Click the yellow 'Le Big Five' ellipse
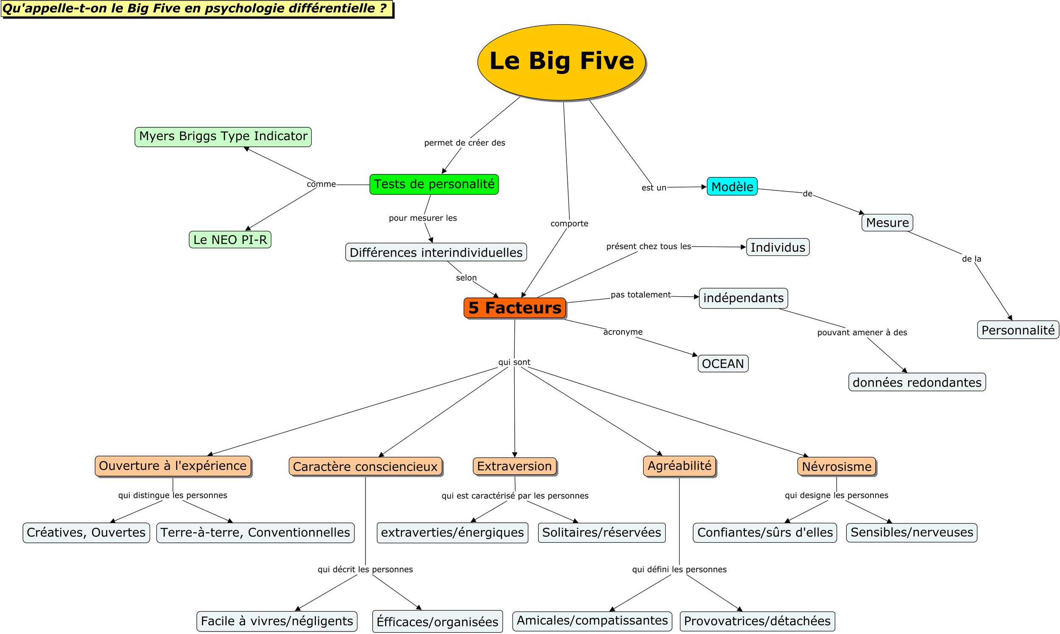pos(561,62)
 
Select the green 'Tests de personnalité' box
pos(434,185)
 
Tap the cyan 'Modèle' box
pos(732,187)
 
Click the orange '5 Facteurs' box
pos(515,308)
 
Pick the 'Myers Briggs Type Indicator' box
pos(223,137)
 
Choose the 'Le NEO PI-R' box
pos(230,240)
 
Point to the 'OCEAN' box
pos(723,364)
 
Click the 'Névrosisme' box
pos(837,466)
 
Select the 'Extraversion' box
pos(515,466)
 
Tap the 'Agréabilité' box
pos(679,466)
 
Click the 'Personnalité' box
pos(1018,330)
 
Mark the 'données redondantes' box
pos(917,382)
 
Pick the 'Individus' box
pos(778,247)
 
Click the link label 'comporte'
pos(569,224)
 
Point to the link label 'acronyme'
pos(622,332)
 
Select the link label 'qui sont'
pos(514,362)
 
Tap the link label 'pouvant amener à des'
pos(862,332)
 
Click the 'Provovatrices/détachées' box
pos(757,621)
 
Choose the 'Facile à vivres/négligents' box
pos(277,621)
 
